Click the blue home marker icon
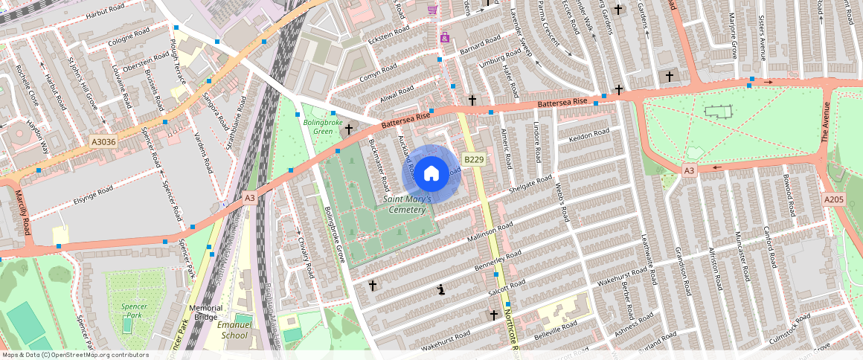pyautogui.click(x=431, y=174)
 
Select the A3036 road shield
pyautogui.click(x=103, y=141)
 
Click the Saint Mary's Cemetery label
pyautogui.click(x=405, y=205)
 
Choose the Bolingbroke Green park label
pyautogui.click(x=322, y=126)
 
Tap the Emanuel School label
pyautogui.click(x=231, y=330)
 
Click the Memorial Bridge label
pyautogui.click(x=205, y=312)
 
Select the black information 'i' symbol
pyautogui.click(x=442, y=290)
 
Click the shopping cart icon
pyautogui.click(x=432, y=9)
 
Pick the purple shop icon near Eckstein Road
pyautogui.click(x=445, y=37)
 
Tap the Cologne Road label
pyautogui.click(x=129, y=35)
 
